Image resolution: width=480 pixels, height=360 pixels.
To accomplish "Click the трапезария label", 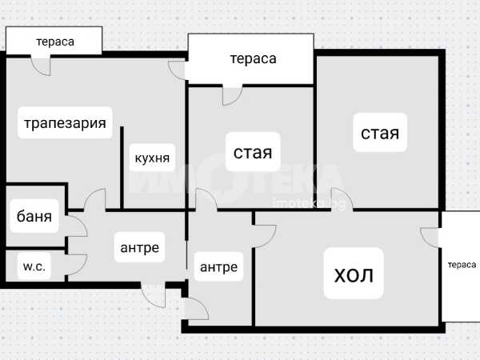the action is tap(65, 123).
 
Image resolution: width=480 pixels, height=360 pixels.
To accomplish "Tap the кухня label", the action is tap(152, 158).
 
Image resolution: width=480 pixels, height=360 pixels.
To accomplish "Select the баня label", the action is tap(34, 216).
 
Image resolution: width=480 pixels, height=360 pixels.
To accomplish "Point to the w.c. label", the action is tap(34, 266).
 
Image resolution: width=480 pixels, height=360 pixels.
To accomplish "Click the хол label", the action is tap(354, 274).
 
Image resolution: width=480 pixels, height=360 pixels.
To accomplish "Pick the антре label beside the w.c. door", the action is tap(139, 247).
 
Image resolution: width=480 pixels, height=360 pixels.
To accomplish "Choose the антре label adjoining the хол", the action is tap(218, 267).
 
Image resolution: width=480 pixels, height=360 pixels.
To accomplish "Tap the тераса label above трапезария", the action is tap(55, 42).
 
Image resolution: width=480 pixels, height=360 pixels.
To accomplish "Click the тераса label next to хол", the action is tap(462, 265).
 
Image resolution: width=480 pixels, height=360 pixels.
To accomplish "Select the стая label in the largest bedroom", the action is tap(380, 133).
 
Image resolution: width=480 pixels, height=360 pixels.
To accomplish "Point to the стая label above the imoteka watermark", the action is tap(253, 152).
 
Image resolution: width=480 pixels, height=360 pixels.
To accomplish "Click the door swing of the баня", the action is tap(76, 226).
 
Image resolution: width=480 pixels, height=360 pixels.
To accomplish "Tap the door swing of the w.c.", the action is tap(76, 265).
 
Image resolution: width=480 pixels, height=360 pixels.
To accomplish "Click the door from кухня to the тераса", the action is tap(177, 70).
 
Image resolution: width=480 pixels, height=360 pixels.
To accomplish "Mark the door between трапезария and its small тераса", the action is tap(41, 66).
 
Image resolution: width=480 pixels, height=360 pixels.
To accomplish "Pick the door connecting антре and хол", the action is tap(265, 236).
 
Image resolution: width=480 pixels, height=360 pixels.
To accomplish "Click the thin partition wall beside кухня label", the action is tap(122, 168).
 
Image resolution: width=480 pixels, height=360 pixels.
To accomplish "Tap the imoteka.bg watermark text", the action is tap(309, 204).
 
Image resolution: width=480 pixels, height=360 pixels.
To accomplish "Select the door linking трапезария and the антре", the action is tap(95, 199).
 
